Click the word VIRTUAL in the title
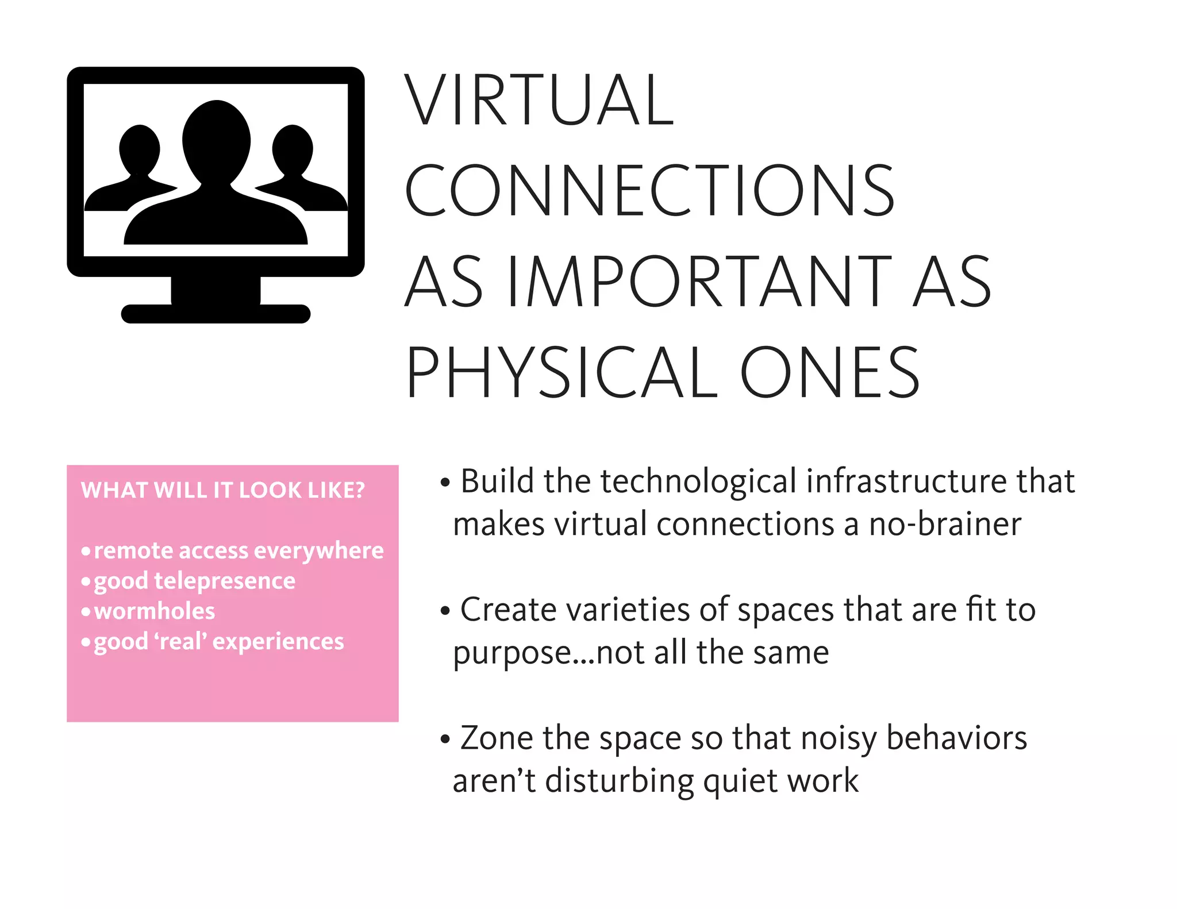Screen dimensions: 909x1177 (x=539, y=100)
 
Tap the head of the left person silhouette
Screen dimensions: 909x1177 (x=139, y=149)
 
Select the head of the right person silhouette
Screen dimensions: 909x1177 (x=293, y=149)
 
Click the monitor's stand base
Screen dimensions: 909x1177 (x=216, y=313)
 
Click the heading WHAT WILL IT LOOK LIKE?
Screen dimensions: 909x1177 (x=223, y=490)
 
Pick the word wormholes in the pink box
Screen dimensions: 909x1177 (x=155, y=611)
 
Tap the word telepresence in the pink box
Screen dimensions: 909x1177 (x=225, y=581)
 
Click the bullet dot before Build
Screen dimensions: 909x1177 (x=445, y=483)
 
